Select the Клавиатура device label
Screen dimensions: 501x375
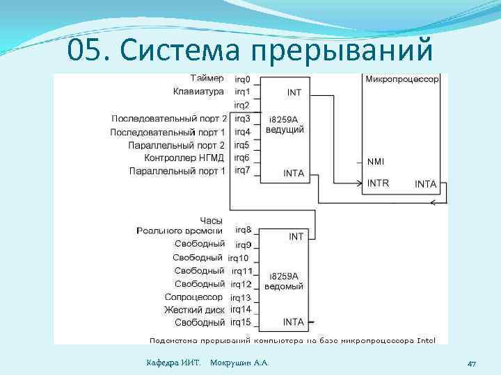coord(198,91)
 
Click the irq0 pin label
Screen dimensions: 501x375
coord(242,78)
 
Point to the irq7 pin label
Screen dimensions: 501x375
coord(242,170)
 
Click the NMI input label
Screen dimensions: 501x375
coord(375,162)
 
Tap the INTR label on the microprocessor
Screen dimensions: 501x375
coord(378,183)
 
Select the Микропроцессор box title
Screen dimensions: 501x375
coord(402,79)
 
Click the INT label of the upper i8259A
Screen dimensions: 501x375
coord(294,92)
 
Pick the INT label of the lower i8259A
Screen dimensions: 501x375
coord(296,236)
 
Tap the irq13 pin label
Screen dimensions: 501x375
coord(241,297)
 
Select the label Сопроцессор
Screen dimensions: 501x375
coord(194,297)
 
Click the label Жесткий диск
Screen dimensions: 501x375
coord(193,310)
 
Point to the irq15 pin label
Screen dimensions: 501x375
coord(241,322)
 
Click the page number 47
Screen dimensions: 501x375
coord(471,363)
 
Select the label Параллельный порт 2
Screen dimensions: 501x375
coord(176,145)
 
